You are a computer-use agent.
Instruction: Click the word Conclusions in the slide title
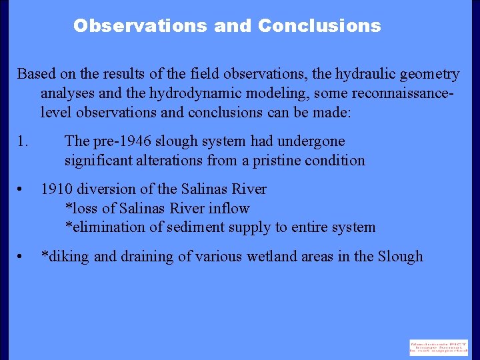[x=319, y=26]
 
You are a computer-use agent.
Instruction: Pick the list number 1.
[x=23, y=141]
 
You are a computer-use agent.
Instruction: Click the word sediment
[x=189, y=227]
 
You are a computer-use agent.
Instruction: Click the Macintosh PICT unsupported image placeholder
[x=439, y=347]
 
